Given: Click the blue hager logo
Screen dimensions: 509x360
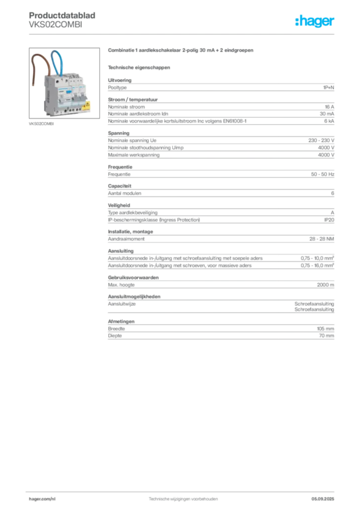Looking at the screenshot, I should tap(316, 22).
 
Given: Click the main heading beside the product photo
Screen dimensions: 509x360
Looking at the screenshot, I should tap(181, 51).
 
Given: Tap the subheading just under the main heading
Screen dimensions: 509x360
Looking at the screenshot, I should tap(140, 67).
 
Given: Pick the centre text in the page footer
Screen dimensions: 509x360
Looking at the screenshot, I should tap(183, 499).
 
